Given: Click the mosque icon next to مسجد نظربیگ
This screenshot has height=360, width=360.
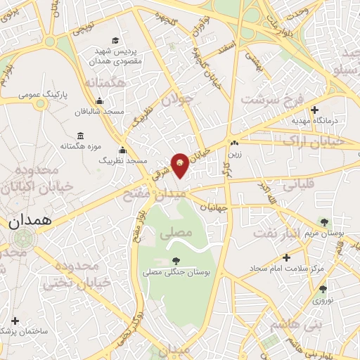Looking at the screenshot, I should pos(122,150).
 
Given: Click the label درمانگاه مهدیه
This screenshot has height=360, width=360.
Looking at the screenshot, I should pos(316,121).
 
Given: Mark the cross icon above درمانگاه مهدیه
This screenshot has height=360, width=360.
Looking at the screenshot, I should pos(314,110).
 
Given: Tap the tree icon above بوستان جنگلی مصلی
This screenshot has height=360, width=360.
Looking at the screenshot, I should pos(175,261).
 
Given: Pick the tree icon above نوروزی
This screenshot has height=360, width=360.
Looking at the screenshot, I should pos(323,288).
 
